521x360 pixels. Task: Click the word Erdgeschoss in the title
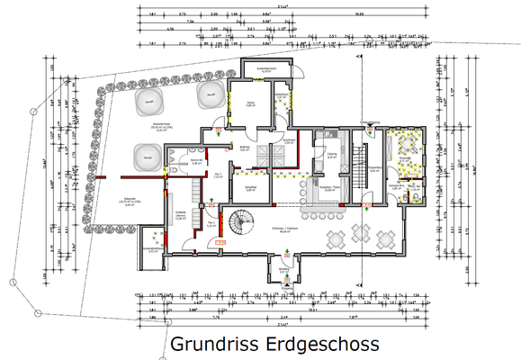point(319,344)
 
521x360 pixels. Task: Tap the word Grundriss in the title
point(212,344)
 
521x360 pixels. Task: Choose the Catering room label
point(332,155)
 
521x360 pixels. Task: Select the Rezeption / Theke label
point(329,188)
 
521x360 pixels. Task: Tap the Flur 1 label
point(211,225)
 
